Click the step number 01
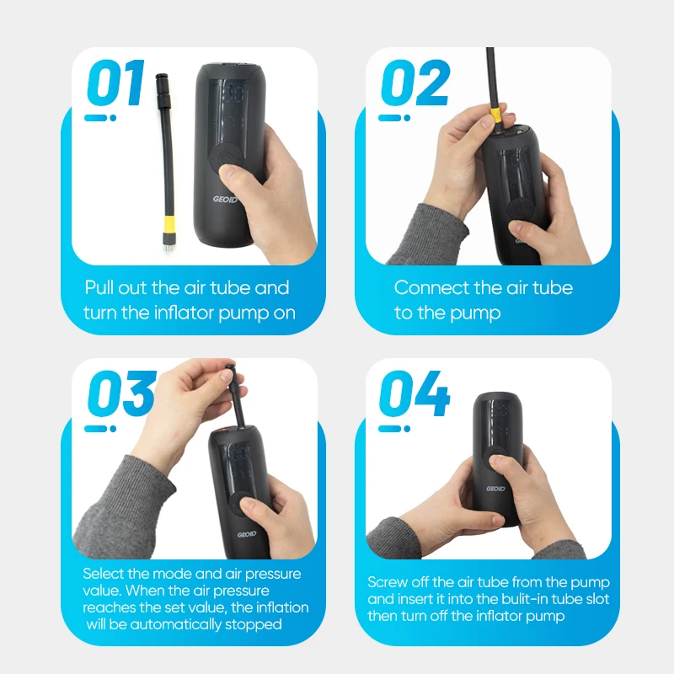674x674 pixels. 115,83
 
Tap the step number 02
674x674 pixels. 415,83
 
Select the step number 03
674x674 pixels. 121,393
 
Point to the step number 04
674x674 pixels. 415,393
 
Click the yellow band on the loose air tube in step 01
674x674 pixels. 169,223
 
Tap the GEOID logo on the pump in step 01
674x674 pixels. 225,200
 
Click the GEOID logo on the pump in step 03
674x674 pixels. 247,534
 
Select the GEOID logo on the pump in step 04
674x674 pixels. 495,489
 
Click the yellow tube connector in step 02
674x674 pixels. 495,115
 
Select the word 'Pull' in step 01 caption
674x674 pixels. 99,287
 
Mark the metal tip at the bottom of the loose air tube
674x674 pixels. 167,246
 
